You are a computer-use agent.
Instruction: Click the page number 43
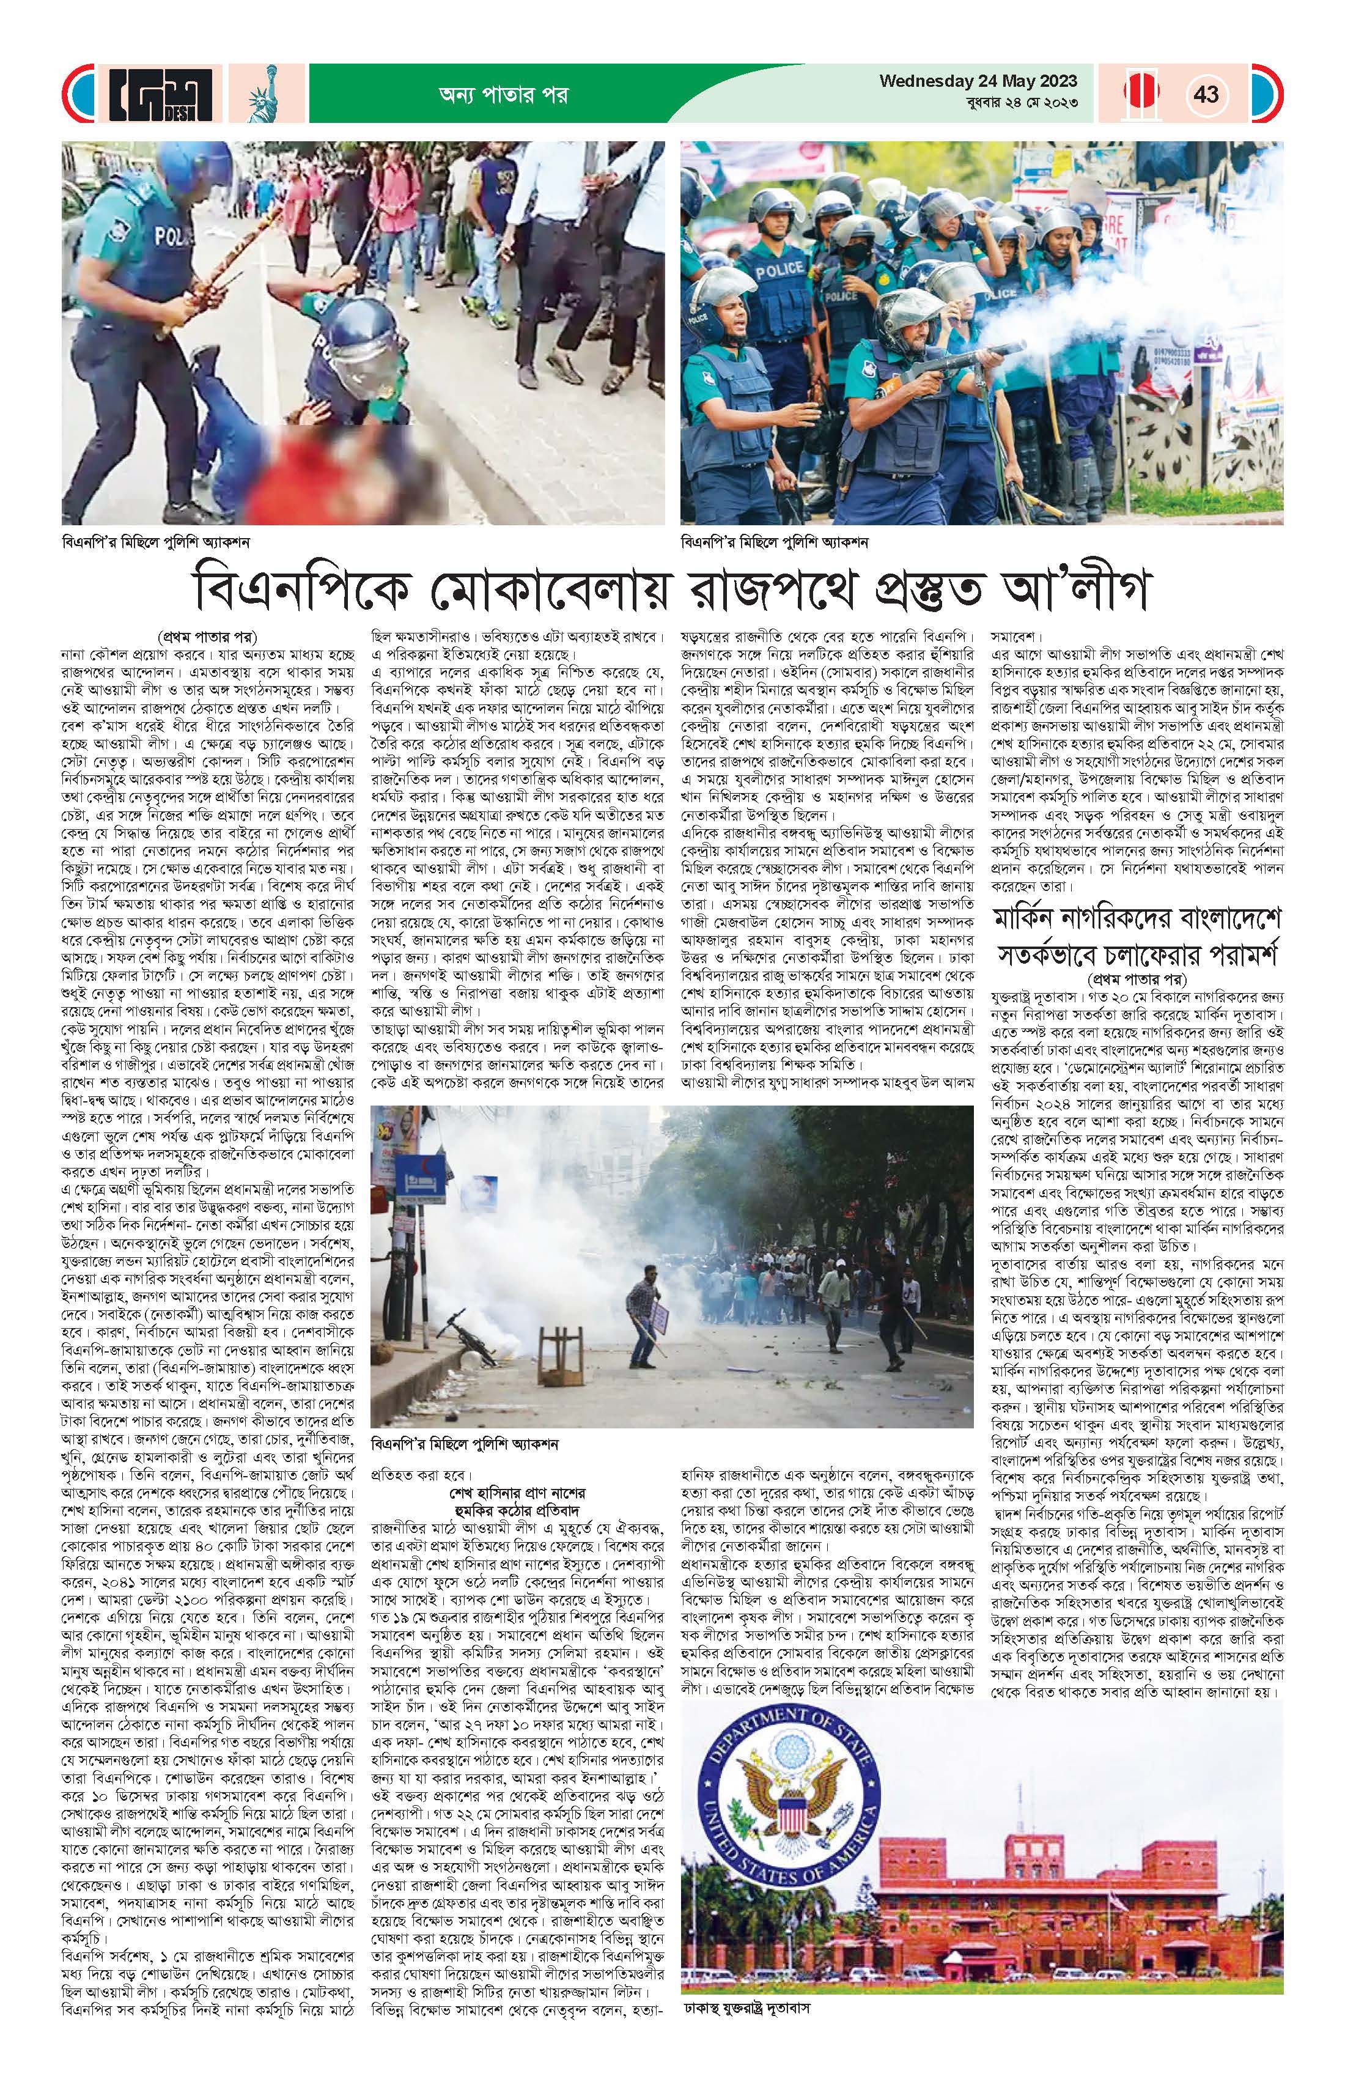pos(1206,94)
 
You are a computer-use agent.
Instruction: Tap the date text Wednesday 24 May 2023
pos(978,81)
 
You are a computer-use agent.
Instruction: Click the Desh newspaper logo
pos(161,94)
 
